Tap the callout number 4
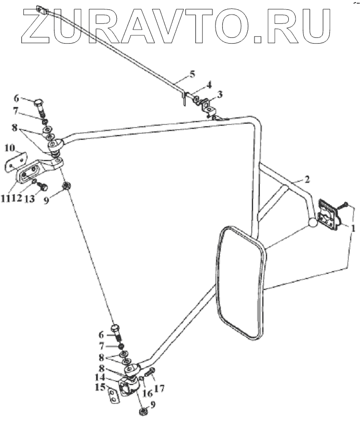pyautogui.click(x=209, y=85)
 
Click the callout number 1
pyautogui.click(x=353, y=228)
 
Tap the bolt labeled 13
pyautogui.click(x=44, y=185)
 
